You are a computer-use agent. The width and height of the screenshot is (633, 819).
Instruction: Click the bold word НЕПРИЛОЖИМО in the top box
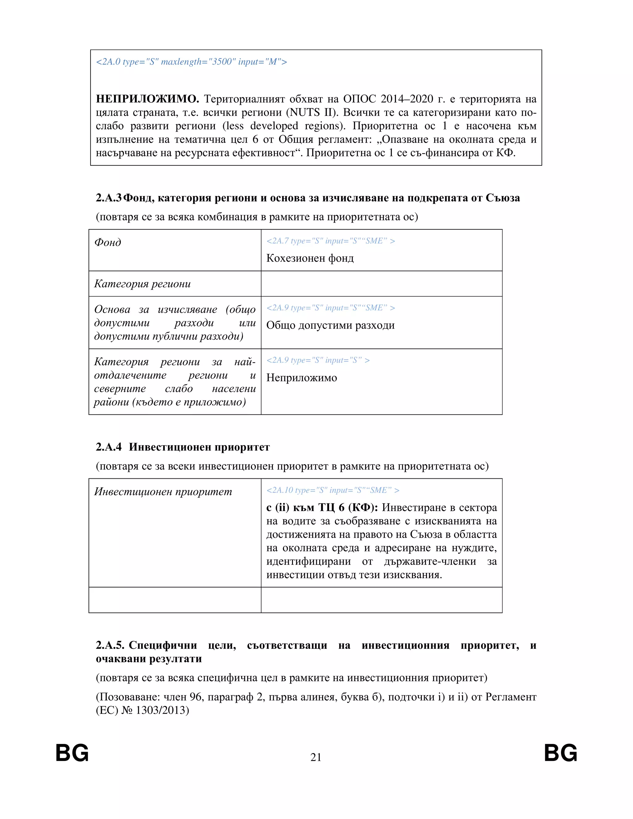(147, 99)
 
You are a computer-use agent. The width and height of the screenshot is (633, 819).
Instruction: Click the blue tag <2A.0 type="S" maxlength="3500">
(191, 62)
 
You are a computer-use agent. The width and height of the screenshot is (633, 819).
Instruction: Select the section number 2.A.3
(108, 198)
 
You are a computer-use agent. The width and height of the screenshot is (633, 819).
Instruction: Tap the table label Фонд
(108, 243)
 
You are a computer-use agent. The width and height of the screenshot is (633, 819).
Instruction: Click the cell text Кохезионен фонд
(310, 258)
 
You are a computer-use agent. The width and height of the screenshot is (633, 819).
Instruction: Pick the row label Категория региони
(142, 284)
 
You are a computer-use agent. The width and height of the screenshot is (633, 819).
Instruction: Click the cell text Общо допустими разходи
(330, 325)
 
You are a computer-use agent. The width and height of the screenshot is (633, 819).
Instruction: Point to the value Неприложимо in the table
(301, 378)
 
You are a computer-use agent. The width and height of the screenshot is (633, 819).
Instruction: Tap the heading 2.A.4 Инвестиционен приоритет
(183, 447)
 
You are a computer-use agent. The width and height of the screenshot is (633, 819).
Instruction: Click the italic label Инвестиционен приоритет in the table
(163, 492)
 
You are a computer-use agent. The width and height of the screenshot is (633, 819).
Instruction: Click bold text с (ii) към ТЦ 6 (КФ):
(322, 507)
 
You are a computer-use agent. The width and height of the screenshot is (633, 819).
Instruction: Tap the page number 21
(316, 757)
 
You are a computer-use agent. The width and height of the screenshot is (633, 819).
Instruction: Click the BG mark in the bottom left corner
(72, 753)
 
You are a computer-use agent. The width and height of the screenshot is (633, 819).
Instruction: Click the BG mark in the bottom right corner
(561, 753)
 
